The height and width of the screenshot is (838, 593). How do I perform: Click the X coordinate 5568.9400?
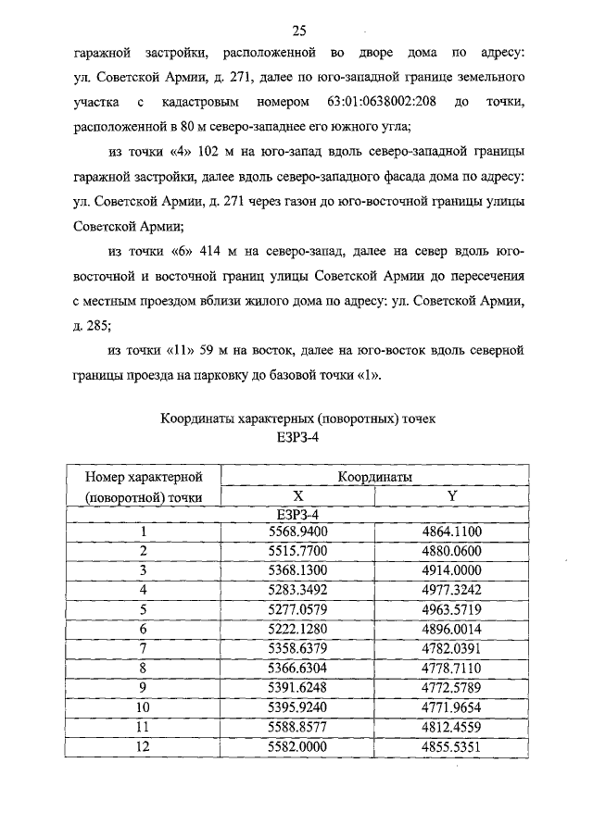(298, 532)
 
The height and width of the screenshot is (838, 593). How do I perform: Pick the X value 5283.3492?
(298, 589)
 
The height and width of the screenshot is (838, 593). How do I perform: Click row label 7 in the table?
(144, 647)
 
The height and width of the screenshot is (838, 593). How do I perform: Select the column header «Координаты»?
(375, 476)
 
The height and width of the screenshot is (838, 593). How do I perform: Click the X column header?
(298, 495)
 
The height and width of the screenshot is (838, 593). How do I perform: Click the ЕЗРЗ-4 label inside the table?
(298, 514)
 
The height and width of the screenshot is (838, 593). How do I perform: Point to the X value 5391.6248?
(298, 686)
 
